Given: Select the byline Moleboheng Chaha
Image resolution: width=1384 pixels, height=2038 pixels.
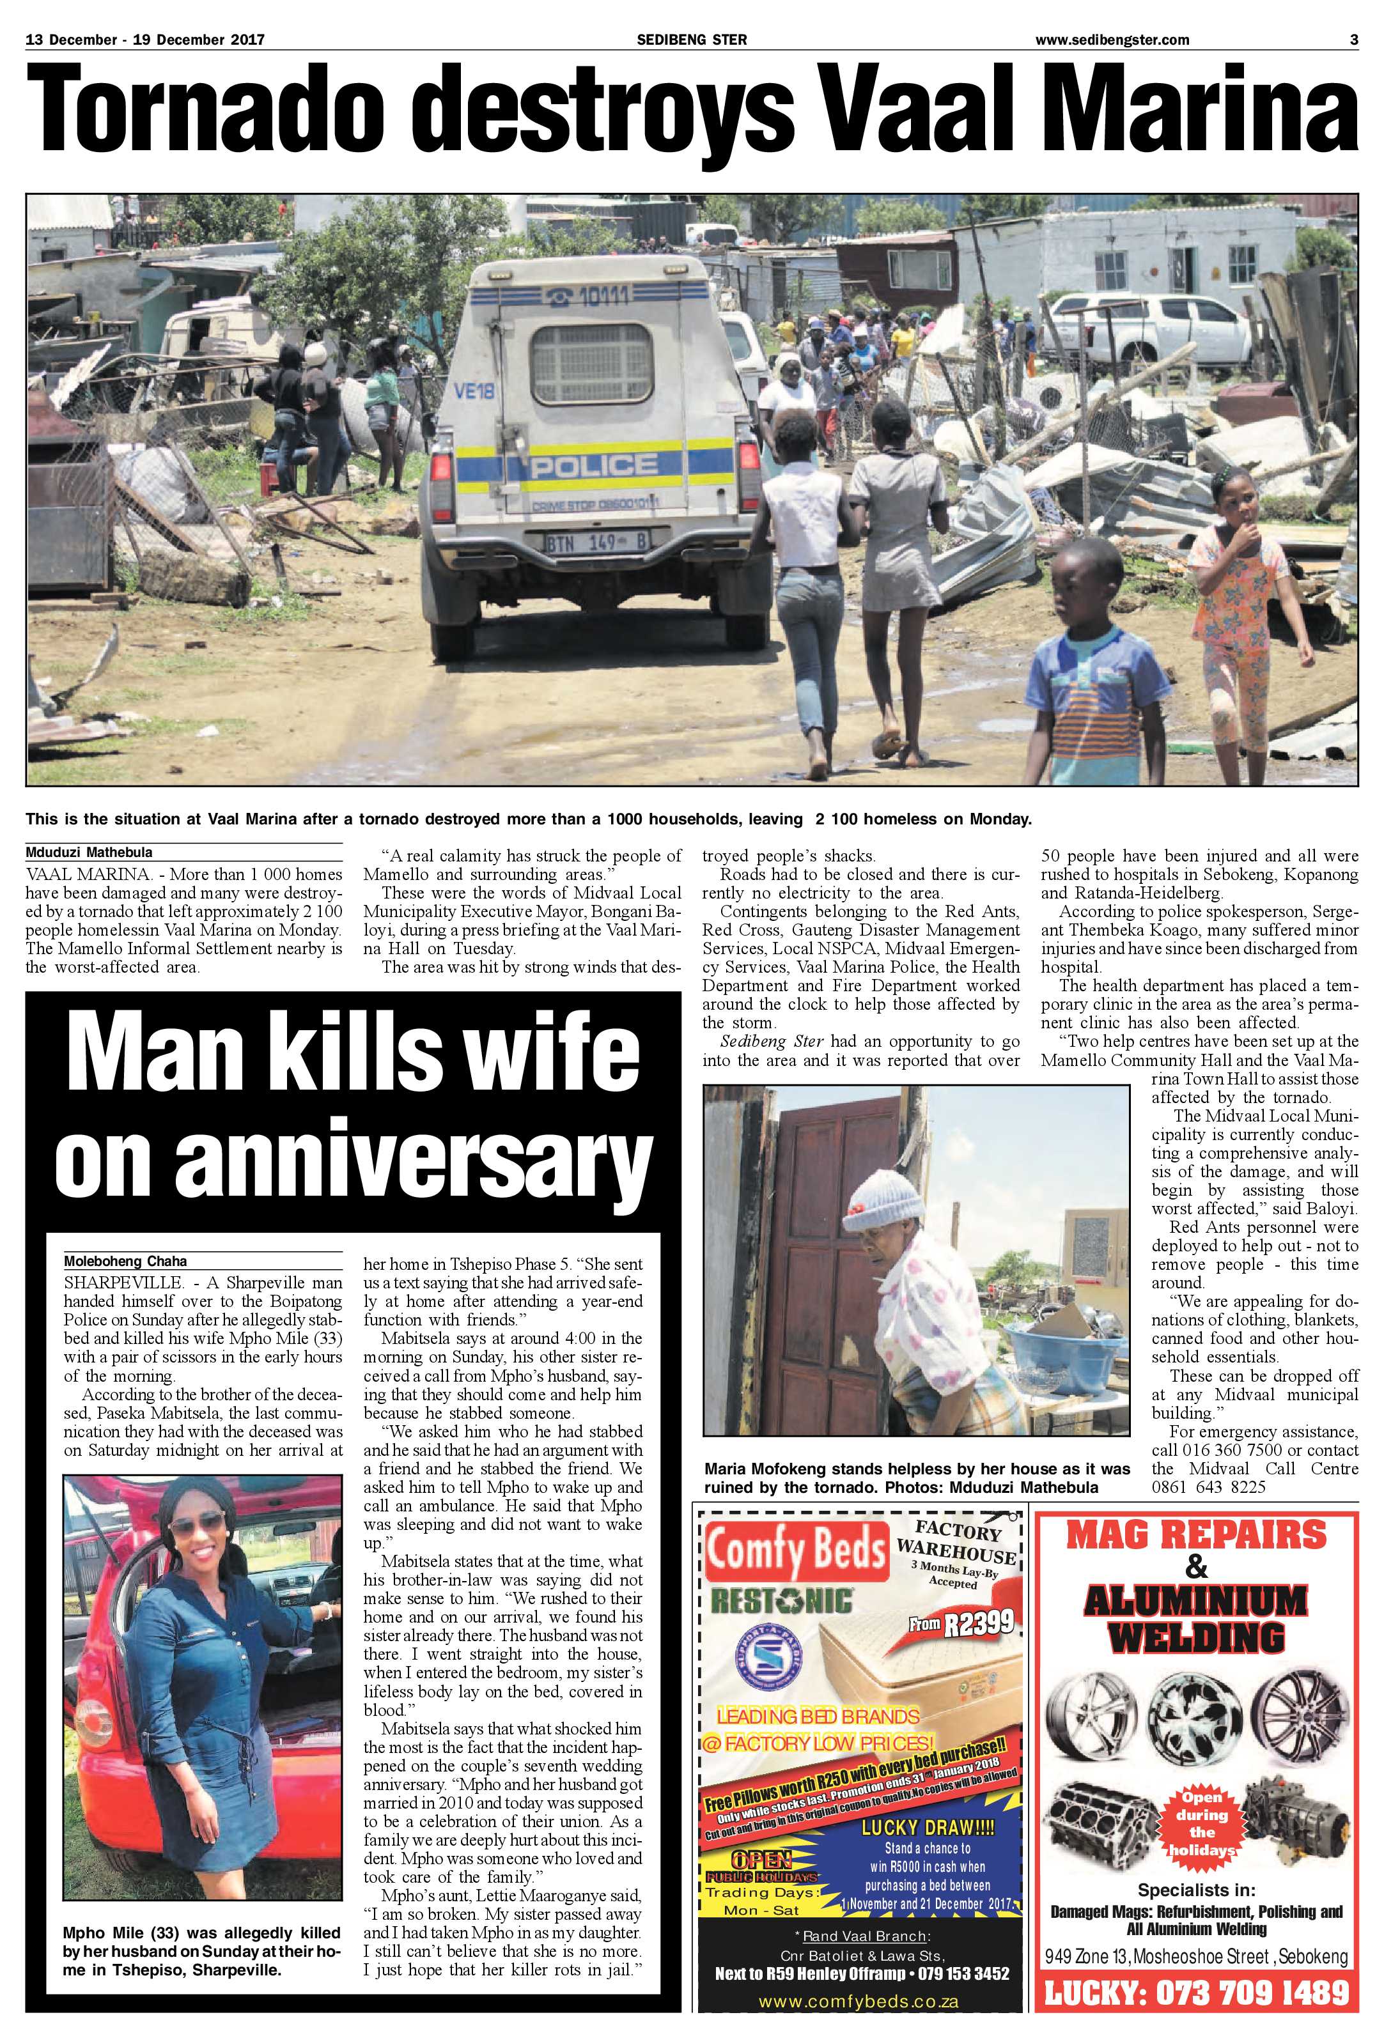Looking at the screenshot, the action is coord(113,1261).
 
